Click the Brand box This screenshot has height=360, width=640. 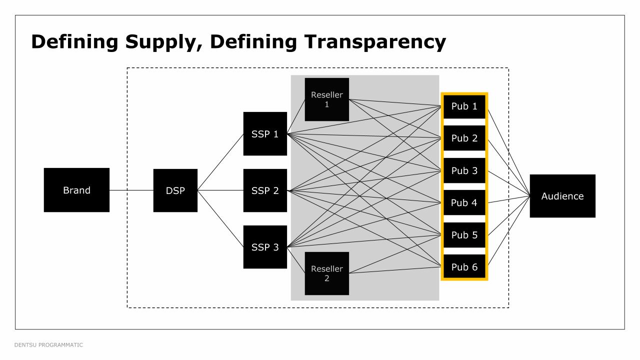(76, 190)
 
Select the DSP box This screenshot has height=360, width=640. (175, 190)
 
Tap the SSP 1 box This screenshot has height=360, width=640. (265, 134)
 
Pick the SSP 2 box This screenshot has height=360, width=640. (265, 190)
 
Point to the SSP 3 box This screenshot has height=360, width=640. (265, 247)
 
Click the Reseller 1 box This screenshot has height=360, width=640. (327, 99)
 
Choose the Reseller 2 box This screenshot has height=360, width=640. (327, 273)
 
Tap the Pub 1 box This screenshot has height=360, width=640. (464, 106)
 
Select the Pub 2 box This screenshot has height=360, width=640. (464, 138)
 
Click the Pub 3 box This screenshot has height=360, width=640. (464, 170)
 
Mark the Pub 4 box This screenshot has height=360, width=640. (464, 202)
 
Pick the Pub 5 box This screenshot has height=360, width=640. (464, 235)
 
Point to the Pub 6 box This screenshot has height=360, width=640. (464, 267)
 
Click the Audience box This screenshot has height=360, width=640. (562, 196)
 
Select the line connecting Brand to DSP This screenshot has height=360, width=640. (131, 190)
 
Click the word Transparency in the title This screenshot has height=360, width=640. (375, 42)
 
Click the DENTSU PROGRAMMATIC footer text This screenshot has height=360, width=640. (48, 345)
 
